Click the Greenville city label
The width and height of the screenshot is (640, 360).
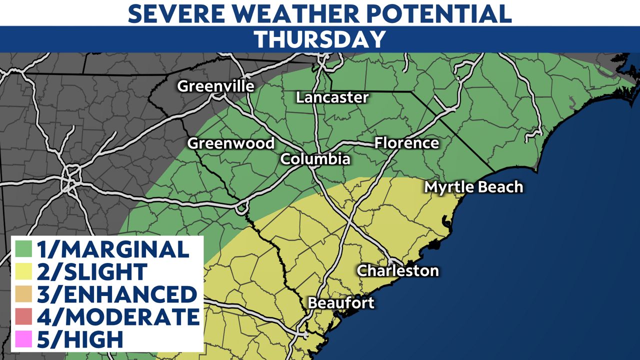[215, 86]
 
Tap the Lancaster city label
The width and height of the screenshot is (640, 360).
[332, 97]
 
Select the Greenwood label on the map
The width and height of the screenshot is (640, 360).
[231, 143]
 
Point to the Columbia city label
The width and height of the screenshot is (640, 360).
[314, 159]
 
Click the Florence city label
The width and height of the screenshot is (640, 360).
[406, 143]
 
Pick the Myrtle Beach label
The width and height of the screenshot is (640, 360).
[473, 187]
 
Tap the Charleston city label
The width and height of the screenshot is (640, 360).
[397, 270]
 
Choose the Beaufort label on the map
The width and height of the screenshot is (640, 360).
[341, 303]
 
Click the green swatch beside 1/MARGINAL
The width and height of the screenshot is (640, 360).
[24, 249]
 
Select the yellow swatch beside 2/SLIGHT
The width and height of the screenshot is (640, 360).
[24, 271]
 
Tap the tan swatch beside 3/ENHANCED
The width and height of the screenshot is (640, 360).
[24, 294]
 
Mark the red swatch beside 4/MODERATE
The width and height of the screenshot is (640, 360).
[24, 317]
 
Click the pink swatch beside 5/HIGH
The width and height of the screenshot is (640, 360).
[24, 339]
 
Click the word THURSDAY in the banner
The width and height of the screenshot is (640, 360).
[320, 39]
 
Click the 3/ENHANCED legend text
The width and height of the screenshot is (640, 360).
[116, 294]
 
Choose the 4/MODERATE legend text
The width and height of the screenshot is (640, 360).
[118, 317]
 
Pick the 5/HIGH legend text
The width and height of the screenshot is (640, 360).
[80, 339]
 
